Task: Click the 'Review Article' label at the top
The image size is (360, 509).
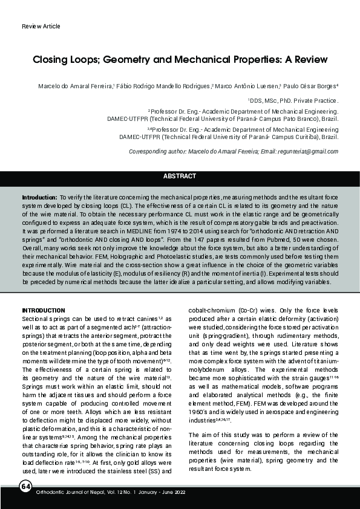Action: click(41, 27)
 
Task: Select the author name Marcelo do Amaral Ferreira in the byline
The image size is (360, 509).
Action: click(76, 86)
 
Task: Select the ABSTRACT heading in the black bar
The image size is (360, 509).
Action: click(180, 176)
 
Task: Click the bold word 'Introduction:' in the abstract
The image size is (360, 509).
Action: click(39, 198)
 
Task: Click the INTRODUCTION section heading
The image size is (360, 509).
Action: click(44, 310)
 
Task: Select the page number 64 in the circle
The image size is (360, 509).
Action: click(25, 486)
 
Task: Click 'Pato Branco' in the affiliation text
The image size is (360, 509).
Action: click(290, 119)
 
